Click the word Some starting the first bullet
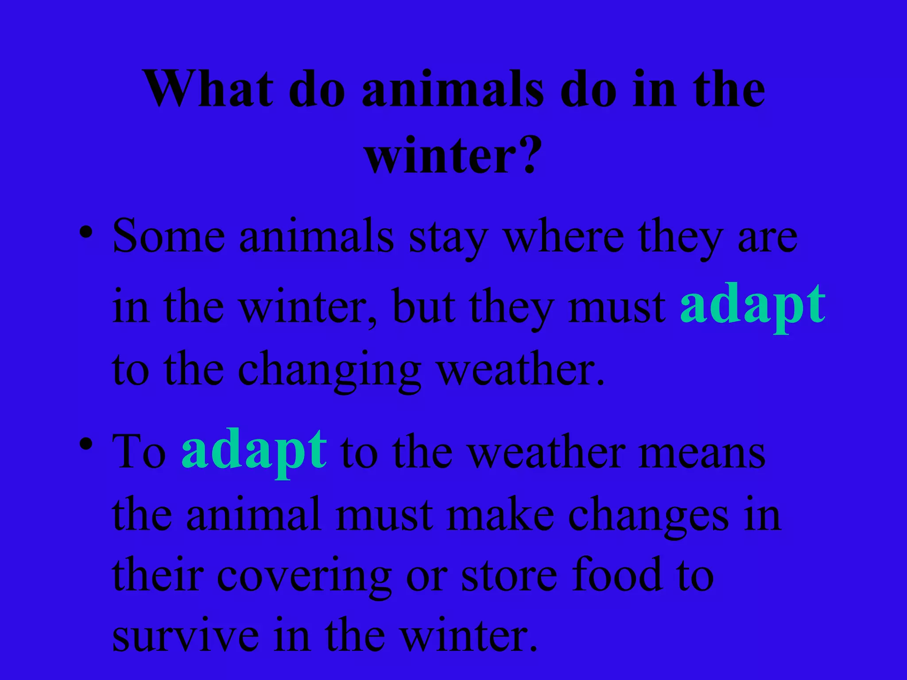[168, 237]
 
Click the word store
[509, 576]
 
